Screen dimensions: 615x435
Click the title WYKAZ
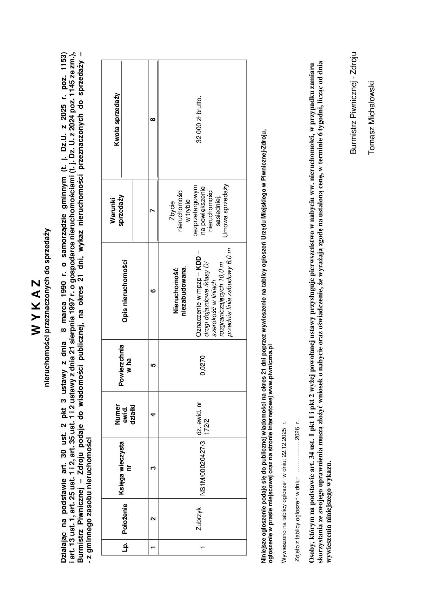[37, 307]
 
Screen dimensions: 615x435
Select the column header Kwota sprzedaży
[117, 120]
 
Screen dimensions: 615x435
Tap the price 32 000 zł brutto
[199, 120]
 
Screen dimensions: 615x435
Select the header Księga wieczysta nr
[125, 467]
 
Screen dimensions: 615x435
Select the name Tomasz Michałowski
[372, 118]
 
